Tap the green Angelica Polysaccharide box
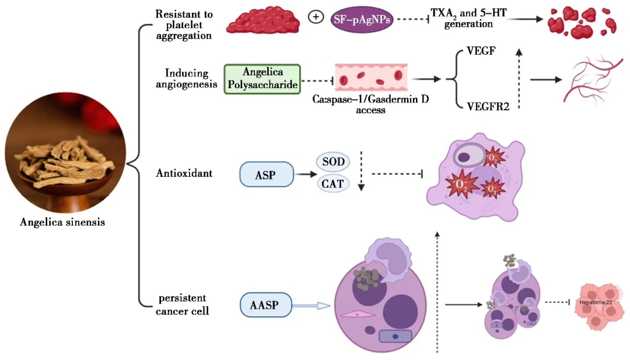point(262,78)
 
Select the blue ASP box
point(266,174)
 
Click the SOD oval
point(332,162)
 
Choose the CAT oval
point(332,185)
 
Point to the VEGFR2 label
point(487,106)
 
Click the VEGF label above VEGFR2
point(482,51)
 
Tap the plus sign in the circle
point(316,17)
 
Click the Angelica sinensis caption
point(62,222)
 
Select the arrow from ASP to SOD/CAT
point(304,174)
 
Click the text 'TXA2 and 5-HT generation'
point(468,18)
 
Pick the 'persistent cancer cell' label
point(183,305)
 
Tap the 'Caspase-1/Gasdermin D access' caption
point(370,105)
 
